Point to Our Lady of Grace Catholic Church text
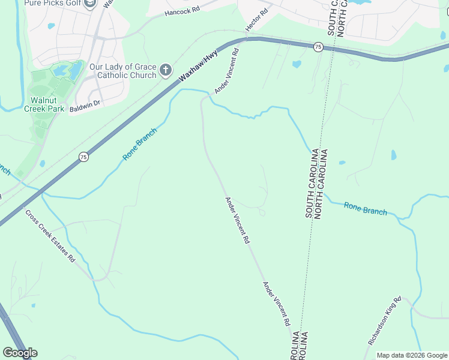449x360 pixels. [122, 71]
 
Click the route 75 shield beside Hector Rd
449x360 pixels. [318, 47]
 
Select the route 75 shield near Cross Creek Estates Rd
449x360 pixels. [83, 157]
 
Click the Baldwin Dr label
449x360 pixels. [84, 103]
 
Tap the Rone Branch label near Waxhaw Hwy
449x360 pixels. [139, 144]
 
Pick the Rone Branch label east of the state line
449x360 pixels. [365, 208]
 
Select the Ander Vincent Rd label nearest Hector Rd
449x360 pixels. [227, 71]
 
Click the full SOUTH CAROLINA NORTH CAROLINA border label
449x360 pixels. [315, 182]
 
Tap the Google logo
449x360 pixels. [20, 353]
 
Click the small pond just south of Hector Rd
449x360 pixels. [297, 64]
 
